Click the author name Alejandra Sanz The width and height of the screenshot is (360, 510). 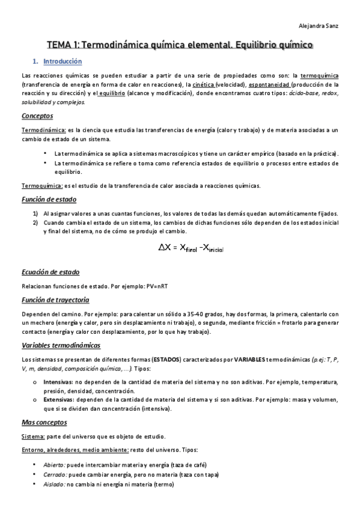(x=320, y=26)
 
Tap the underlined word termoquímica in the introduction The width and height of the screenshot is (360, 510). (x=319, y=76)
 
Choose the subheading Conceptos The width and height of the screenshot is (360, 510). (x=37, y=115)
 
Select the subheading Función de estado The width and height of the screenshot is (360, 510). (x=49, y=199)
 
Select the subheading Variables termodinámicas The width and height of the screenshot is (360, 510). (x=61, y=345)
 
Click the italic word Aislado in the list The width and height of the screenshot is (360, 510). (x=53, y=484)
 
